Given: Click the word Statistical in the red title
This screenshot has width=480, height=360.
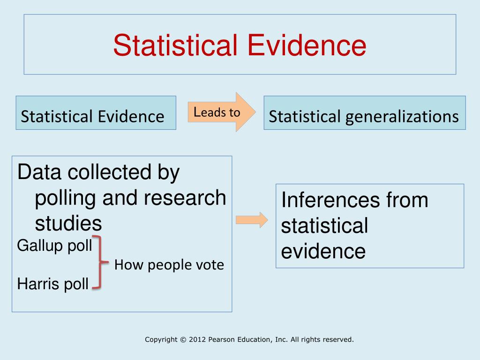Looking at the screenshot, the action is coord(175,45).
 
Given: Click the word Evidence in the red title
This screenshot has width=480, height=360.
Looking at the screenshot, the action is coord(307,45).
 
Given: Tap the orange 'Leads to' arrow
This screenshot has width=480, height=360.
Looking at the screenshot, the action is coord(222,112).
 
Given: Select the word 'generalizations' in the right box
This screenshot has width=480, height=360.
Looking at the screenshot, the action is coord(402,117).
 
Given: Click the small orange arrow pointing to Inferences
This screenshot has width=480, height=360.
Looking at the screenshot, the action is coord(252,220).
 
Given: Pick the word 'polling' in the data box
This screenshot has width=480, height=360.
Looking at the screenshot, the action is coord(65,199).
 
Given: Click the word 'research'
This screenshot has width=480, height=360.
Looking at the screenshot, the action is coord(185,198).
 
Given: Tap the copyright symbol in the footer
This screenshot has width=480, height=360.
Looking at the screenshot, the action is coord(183,339).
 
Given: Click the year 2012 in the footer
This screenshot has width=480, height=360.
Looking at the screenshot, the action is coord(197,339).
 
